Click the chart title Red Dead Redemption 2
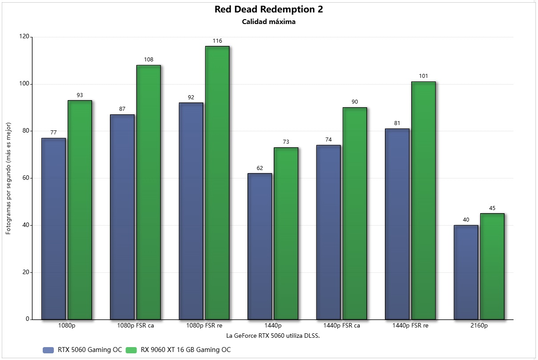268,10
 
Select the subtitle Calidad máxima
268,22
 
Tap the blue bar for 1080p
53,229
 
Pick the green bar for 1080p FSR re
217,182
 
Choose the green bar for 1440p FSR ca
355,213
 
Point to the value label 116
217,41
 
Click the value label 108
149,60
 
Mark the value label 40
465,220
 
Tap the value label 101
423,76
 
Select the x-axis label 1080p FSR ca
135,326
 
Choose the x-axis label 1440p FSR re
410,326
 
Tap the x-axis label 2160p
479,326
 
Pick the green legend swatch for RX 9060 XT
132,350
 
